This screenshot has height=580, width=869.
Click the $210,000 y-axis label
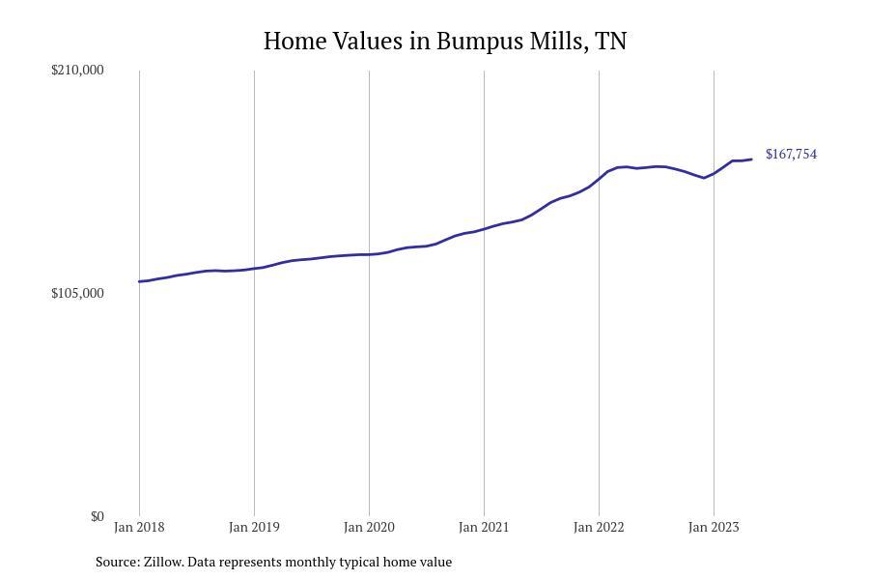click(77, 70)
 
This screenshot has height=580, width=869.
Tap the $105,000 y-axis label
click(77, 293)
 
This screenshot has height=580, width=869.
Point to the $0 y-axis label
click(98, 516)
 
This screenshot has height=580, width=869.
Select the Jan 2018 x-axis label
click(139, 527)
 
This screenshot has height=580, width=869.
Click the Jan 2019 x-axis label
click(254, 527)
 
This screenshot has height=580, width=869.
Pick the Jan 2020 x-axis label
click(369, 527)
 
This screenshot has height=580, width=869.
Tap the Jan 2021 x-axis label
click(484, 527)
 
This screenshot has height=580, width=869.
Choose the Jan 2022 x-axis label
click(599, 527)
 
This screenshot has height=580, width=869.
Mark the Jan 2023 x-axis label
click(714, 527)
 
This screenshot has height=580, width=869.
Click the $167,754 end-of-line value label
click(791, 155)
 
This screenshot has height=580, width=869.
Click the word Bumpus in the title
click(473, 42)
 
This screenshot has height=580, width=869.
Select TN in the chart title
click(611, 42)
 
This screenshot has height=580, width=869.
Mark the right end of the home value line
click(751, 159)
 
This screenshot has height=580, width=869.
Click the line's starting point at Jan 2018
click(140, 281)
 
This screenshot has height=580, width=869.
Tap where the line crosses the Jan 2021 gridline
click(484, 229)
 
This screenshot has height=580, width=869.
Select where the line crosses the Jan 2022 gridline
click(599, 179)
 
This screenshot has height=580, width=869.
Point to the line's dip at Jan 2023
click(706, 178)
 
